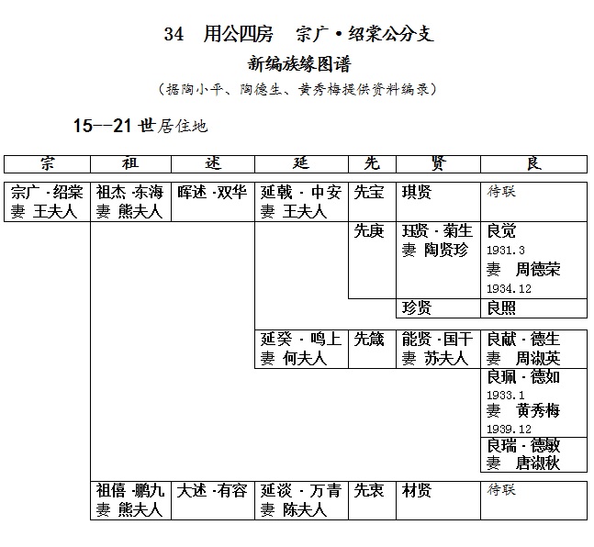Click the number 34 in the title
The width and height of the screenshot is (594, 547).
(174, 34)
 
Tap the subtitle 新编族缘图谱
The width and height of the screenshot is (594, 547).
(299, 63)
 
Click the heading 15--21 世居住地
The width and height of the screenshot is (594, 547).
(140, 126)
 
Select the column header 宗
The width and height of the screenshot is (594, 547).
(48, 163)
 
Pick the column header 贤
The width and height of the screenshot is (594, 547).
(438, 163)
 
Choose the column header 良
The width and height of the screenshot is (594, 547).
(534, 163)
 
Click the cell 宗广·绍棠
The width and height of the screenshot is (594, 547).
(47, 192)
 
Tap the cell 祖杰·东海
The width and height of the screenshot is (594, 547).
(129, 192)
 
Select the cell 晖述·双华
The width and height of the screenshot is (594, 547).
(212, 192)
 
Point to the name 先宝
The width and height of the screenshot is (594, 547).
(369, 192)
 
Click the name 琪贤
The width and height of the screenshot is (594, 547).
(417, 192)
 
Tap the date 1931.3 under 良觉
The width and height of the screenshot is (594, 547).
(506, 251)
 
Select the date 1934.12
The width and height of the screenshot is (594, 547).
(509, 289)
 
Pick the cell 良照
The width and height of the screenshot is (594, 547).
(501, 308)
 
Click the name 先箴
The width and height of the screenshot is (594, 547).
(369, 339)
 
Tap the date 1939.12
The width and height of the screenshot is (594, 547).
(509, 430)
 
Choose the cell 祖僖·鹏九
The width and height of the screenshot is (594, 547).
(130, 491)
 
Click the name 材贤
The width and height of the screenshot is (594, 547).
(417, 491)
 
